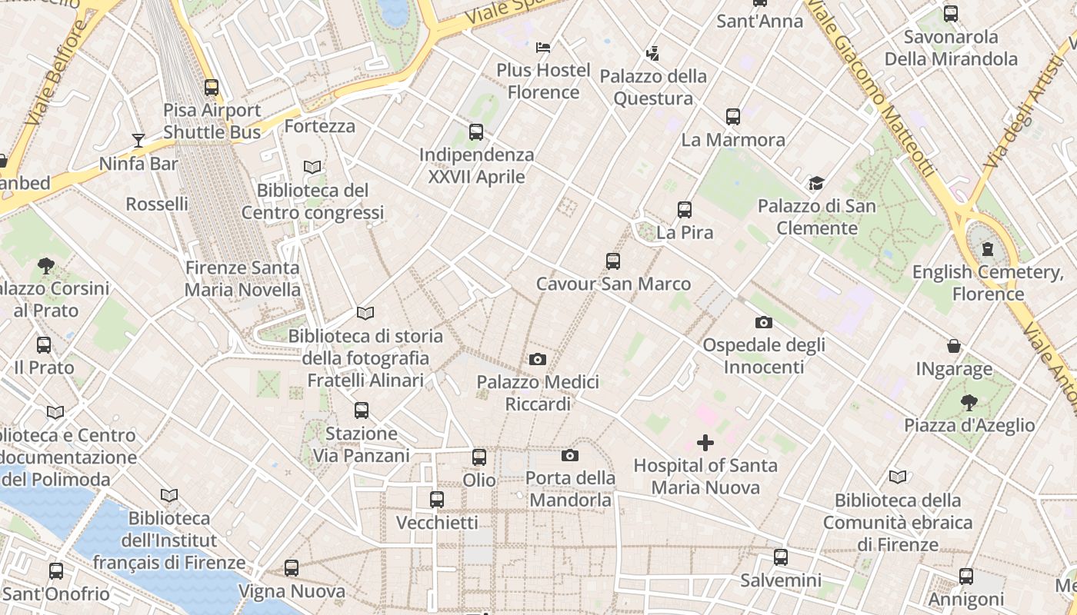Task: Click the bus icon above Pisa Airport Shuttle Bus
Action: [212, 88]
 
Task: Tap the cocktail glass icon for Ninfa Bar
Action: [138, 140]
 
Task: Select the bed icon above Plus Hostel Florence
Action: [543, 48]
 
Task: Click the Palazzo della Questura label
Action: [653, 88]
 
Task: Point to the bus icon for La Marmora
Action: [733, 117]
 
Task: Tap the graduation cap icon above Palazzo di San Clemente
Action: [816, 184]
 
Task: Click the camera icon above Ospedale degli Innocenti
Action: [763, 322]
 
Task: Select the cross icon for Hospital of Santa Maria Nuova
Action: [705, 443]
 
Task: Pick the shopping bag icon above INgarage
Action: [954, 347]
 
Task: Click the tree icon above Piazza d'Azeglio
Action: [969, 402]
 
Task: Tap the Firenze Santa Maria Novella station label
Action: [242, 279]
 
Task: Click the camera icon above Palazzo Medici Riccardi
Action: [538, 359]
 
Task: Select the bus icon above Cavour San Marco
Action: [613, 261]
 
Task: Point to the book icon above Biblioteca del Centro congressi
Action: [312, 167]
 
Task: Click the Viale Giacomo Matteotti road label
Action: [875, 88]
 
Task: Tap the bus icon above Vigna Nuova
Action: [292, 568]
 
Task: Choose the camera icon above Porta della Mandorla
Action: [570, 455]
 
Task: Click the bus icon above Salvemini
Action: [781, 557]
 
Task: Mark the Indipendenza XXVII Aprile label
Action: [476, 166]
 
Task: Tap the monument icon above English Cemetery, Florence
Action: [988, 249]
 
